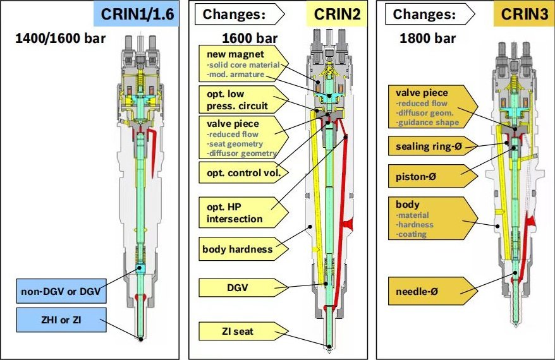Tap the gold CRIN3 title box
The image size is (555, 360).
tap(523, 14)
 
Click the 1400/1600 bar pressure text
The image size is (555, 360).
tap(60, 39)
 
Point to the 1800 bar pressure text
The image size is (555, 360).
tap(427, 38)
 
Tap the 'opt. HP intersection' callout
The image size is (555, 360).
tap(236, 212)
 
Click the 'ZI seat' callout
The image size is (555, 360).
tap(237, 330)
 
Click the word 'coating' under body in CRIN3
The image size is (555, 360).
tap(412, 234)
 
